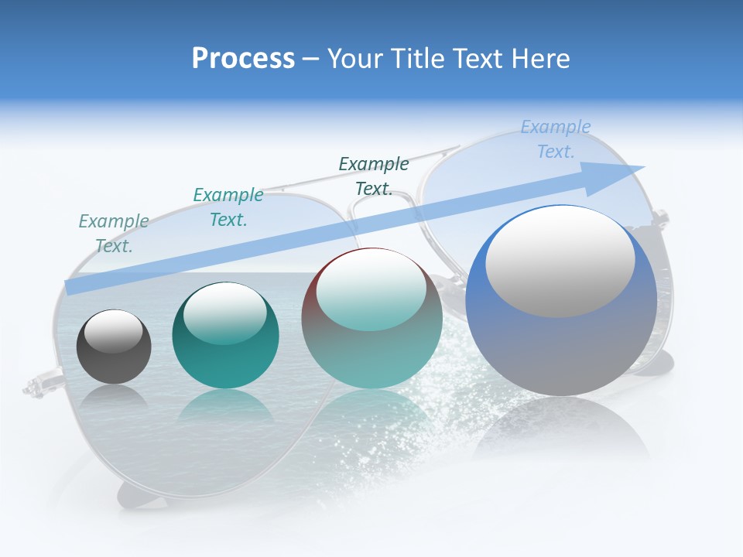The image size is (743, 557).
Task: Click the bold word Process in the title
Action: [x=243, y=59]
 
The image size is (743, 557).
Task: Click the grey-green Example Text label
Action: [x=114, y=234]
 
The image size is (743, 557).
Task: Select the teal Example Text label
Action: [x=228, y=207]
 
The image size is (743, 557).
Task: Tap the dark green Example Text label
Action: [x=374, y=176]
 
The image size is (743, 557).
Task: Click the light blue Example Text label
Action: [x=555, y=139]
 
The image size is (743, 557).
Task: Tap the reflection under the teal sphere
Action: [x=225, y=406]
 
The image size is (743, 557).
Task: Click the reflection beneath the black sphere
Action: [x=114, y=397]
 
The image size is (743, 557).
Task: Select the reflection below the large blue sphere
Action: [x=562, y=425]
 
